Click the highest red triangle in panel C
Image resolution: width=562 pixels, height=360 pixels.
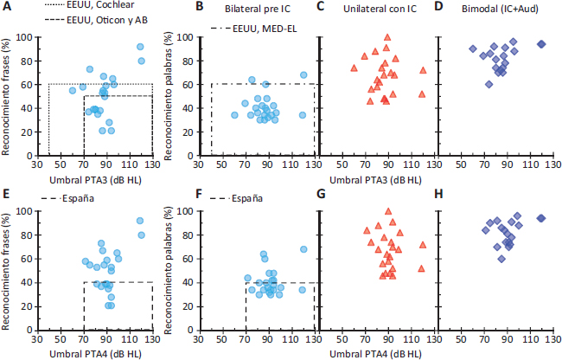coord(387,37)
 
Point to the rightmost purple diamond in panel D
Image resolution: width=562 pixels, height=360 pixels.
coord(542,44)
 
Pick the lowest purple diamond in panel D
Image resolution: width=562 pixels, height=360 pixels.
coord(489,84)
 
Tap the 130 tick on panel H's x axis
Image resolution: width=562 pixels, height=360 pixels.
coord(554,340)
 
